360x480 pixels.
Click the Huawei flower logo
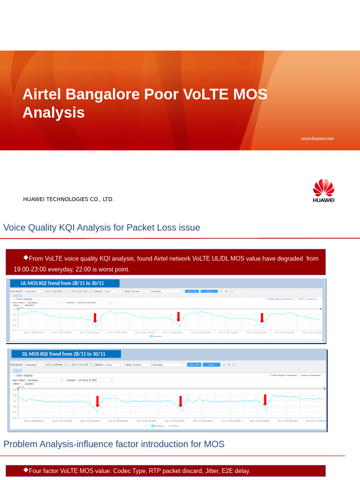323,187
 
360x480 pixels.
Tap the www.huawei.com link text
317,138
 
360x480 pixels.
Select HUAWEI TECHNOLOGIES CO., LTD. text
68,199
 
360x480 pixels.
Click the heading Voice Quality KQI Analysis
102,227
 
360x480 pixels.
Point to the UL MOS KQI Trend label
62,283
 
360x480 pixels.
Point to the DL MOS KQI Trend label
64,354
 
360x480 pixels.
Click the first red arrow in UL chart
95,317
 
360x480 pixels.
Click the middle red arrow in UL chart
179,316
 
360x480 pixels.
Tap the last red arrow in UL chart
262,317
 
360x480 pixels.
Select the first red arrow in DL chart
97,401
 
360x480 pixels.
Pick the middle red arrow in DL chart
180,401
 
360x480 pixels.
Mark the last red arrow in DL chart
265,400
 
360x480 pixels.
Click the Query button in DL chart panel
211,365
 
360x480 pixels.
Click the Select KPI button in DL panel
194,365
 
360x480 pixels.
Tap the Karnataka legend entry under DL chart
158,426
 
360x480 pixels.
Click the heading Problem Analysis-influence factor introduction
114,444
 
